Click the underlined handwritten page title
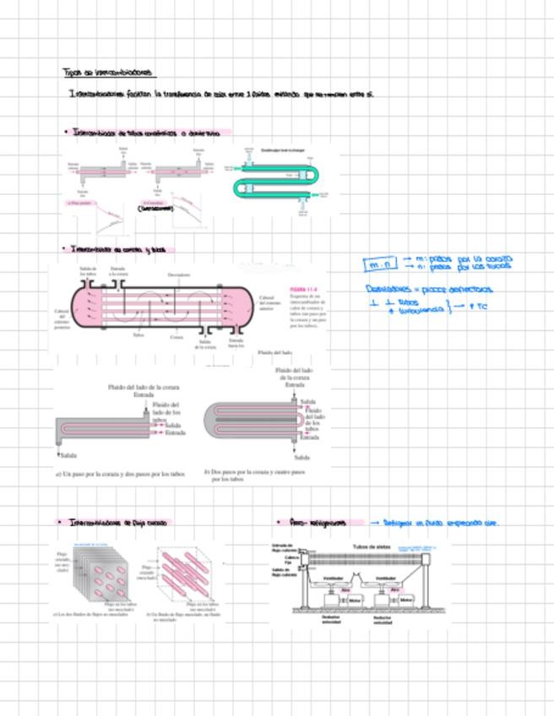pyautogui.click(x=108, y=73)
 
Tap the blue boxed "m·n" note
pyautogui.click(x=380, y=264)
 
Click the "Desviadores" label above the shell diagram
pyautogui.click(x=178, y=274)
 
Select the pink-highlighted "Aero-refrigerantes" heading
pyautogui.click(x=318, y=523)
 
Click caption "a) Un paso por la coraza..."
pyautogui.click(x=119, y=474)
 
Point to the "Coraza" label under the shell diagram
pyautogui.click(x=177, y=336)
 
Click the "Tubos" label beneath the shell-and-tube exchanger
pyautogui.click(x=138, y=334)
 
